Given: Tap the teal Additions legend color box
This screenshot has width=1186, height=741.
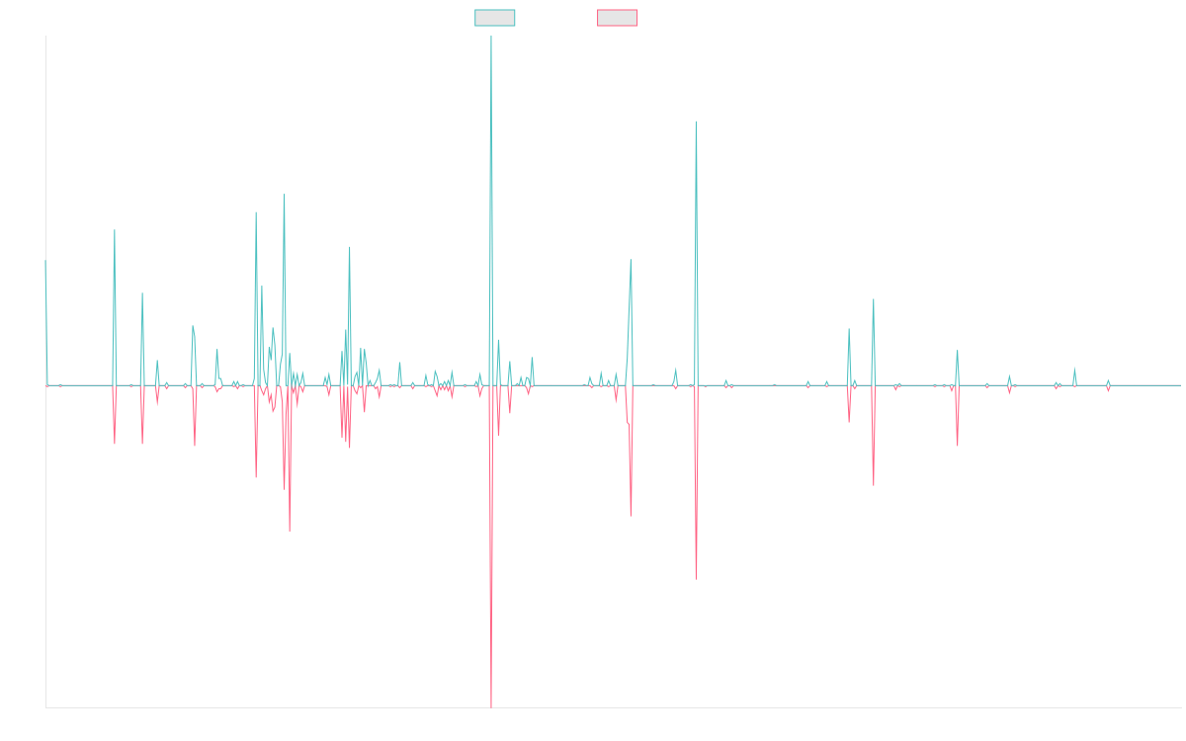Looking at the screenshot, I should click(x=495, y=18).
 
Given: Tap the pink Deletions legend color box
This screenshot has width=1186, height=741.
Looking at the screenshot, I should click(x=617, y=18).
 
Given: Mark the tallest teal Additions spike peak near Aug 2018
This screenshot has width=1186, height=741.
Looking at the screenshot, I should click(x=491, y=38).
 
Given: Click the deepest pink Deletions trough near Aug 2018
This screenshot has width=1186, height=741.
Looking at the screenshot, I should click(x=491, y=707).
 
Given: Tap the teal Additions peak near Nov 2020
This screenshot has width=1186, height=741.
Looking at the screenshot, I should click(x=696, y=122).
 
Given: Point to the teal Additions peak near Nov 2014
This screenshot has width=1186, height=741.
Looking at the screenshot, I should click(x=115, y=230).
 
